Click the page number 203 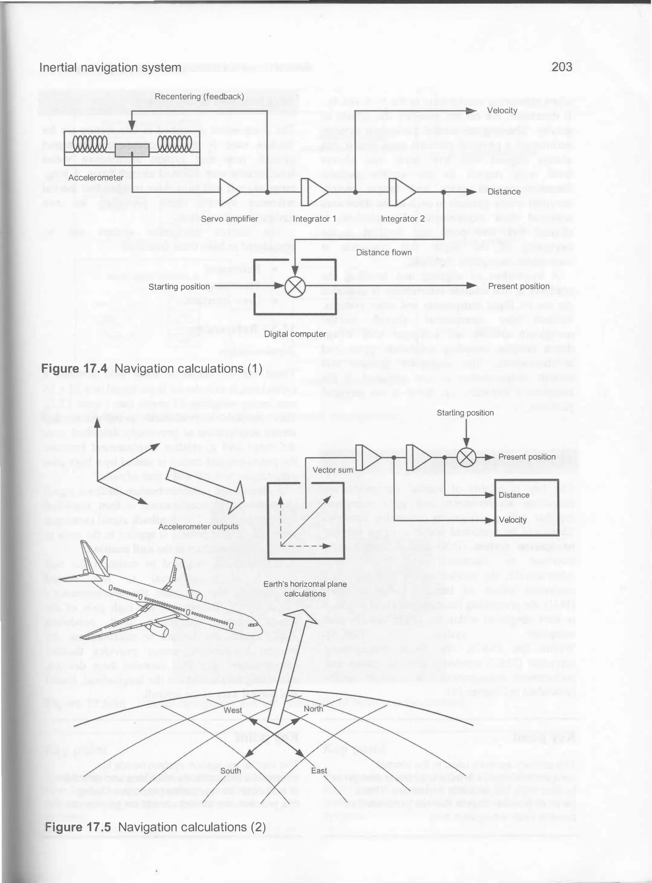click(x=562, y=67)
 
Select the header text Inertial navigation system click(x=110, y=67)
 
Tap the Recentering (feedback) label click(x=199, y=97)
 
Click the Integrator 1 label click(x=314, y=219)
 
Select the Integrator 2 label click(x=403, y=219)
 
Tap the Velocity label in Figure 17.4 click(x=502, y=110)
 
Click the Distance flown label click(x=384, y=252)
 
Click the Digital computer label click(x=295, y=334)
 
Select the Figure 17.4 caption click(x=152, y=368)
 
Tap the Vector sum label click(x=333, y=470)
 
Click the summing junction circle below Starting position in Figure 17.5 click(x=466, y=457)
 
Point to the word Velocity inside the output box click(x=513, y=520)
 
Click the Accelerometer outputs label click(x=199, y=526)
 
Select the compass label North click(x=313, y=709)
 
